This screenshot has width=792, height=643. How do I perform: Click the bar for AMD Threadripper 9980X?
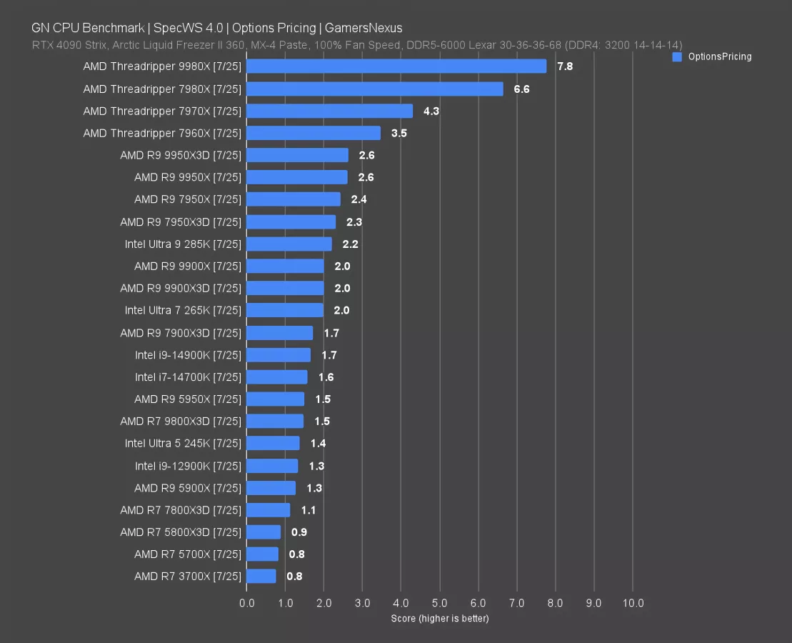tap(396, 66)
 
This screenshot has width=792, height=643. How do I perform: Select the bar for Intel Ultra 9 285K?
tap(289, 244)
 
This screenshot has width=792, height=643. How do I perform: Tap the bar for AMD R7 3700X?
tap(261, 576)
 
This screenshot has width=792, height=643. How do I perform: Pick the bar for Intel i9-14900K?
tap(279, 355)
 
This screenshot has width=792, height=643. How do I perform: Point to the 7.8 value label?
tap(565, 66)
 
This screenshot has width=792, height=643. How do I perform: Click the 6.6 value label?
tap(521, 89)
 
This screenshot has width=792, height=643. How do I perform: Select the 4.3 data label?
tap(431, 111)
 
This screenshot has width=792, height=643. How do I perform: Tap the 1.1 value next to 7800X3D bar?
tap(309, 510)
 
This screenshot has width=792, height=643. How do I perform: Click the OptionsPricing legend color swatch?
tap(678, 56)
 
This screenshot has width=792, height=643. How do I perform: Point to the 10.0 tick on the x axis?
tap(633, 603)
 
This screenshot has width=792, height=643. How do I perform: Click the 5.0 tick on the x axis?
tap(440, 603)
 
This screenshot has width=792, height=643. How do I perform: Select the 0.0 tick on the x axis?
tap(247, 603)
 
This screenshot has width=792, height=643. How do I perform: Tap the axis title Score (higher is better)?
tap(440, 618)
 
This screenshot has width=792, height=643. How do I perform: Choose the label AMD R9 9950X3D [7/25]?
tap(181, 155)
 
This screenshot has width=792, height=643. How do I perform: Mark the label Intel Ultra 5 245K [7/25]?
tap(183, 444)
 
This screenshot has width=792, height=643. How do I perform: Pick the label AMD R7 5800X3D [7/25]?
tap(181, 532)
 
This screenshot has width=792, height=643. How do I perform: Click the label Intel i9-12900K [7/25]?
tap(188, 466)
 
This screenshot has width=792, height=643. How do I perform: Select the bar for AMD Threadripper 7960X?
tap(314, 134)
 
